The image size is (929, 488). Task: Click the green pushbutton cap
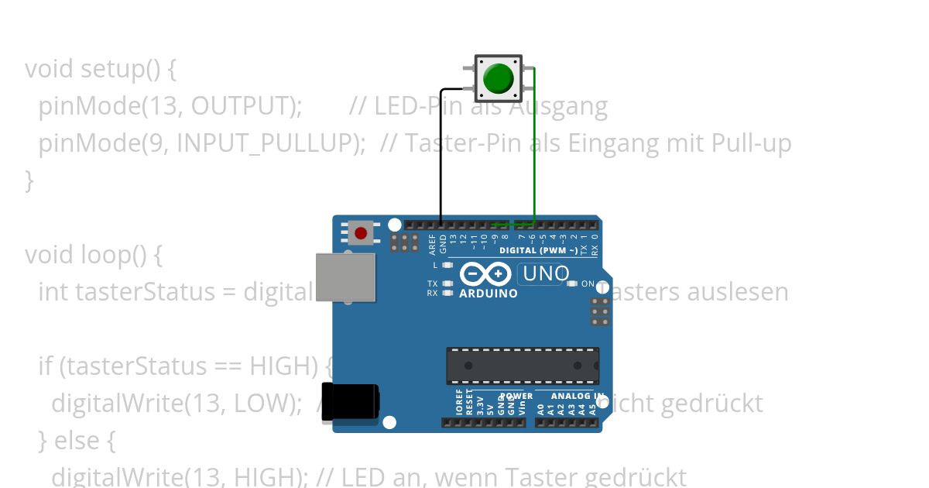498,78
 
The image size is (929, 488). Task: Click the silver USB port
345,277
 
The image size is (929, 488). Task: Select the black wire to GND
441,155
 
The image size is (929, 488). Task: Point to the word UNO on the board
547,273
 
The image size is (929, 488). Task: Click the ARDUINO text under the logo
488,294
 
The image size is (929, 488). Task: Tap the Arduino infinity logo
485,274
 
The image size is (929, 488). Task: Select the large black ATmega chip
523,366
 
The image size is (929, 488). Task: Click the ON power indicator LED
573,284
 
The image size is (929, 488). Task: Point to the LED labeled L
447,265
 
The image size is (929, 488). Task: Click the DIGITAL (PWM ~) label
538,251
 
